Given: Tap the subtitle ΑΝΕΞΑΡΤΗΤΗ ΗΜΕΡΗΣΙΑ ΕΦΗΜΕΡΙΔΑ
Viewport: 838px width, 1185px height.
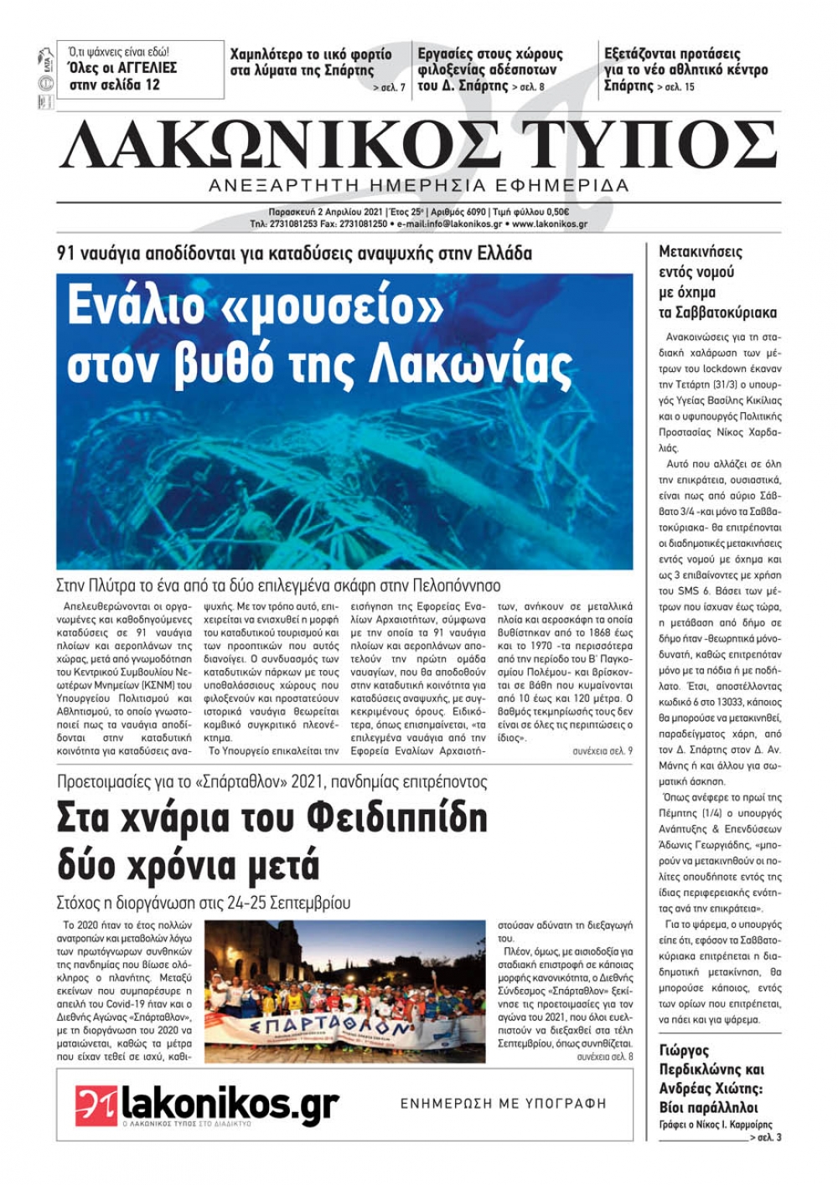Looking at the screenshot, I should pos(419,185).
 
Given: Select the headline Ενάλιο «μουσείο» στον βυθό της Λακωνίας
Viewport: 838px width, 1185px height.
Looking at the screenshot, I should pos(318,335).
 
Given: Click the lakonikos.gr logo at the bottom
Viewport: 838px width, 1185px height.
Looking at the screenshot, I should pos(207,1105).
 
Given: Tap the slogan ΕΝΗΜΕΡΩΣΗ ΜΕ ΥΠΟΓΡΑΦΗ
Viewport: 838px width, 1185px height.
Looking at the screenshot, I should pos(503,1104).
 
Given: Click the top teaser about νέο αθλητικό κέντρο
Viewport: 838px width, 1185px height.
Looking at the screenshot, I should pos(685,70).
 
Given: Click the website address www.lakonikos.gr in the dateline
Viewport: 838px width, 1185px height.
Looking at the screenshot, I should pos(549,224).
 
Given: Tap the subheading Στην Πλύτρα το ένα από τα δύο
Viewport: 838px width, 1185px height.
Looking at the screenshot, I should pos(277,585).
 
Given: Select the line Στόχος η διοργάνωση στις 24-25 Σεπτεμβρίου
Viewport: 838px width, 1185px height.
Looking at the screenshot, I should pos(204,903).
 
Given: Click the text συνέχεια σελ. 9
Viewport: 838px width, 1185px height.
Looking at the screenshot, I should pos(602,751).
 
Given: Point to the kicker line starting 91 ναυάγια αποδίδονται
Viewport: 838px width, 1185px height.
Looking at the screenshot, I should pos(294,253).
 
